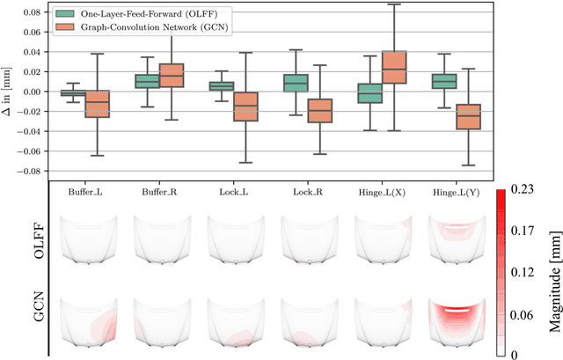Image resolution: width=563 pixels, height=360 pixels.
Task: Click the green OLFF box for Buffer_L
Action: (x=73, y=92)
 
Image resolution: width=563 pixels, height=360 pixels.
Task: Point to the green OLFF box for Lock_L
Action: (x=221, y=86)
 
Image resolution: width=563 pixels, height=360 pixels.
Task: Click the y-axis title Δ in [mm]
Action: (x=8, y=92)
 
